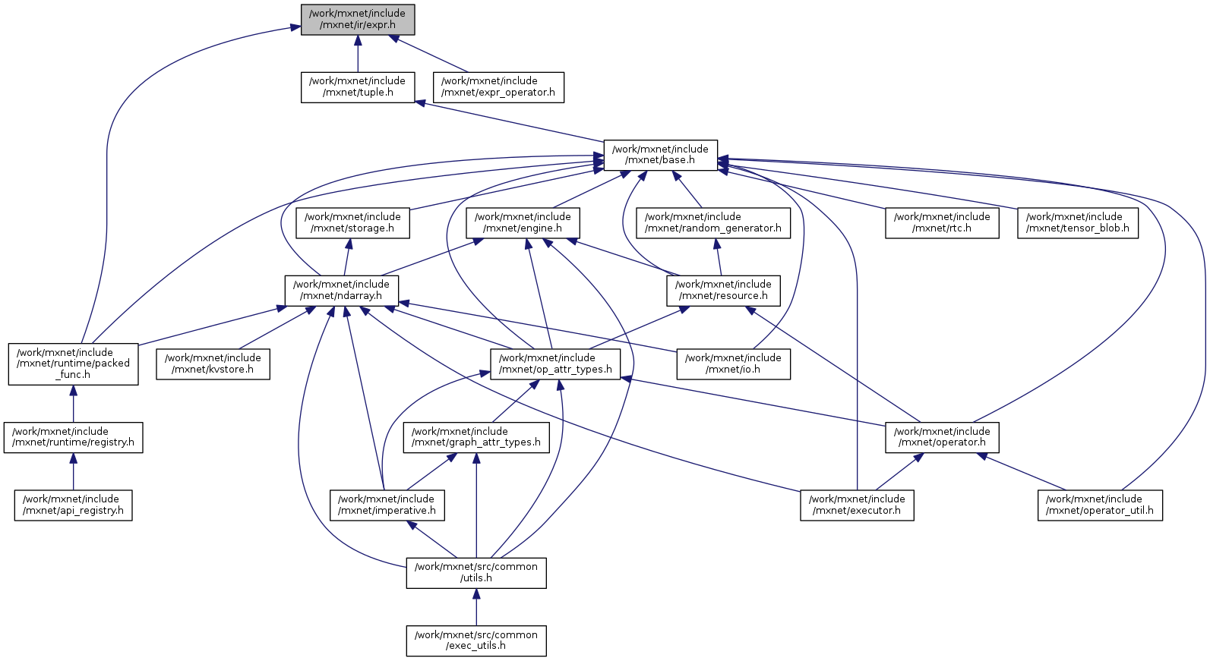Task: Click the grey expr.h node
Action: coord(358,20)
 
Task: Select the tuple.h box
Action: coord(358,87)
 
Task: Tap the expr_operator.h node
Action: coord(498,87)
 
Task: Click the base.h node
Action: coord(660,155)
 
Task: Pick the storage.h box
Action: coord(352,223)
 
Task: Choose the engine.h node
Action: coord(523,223)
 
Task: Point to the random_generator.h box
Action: coord(713,223)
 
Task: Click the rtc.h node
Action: coord(942,223)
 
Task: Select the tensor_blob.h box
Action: coord(1078,223)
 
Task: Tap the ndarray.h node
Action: coord(342,291)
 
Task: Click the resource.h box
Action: coord(723,291)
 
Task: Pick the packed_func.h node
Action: coord(74,364)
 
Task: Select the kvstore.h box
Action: coord(213,364)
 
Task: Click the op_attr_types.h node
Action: coord(555,364)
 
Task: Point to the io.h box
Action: coord(733,364)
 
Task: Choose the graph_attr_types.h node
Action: coord(476,438)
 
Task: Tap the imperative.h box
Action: coord(387,505)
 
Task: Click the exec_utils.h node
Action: coord(476,641)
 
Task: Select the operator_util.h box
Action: coord(1100,505)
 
